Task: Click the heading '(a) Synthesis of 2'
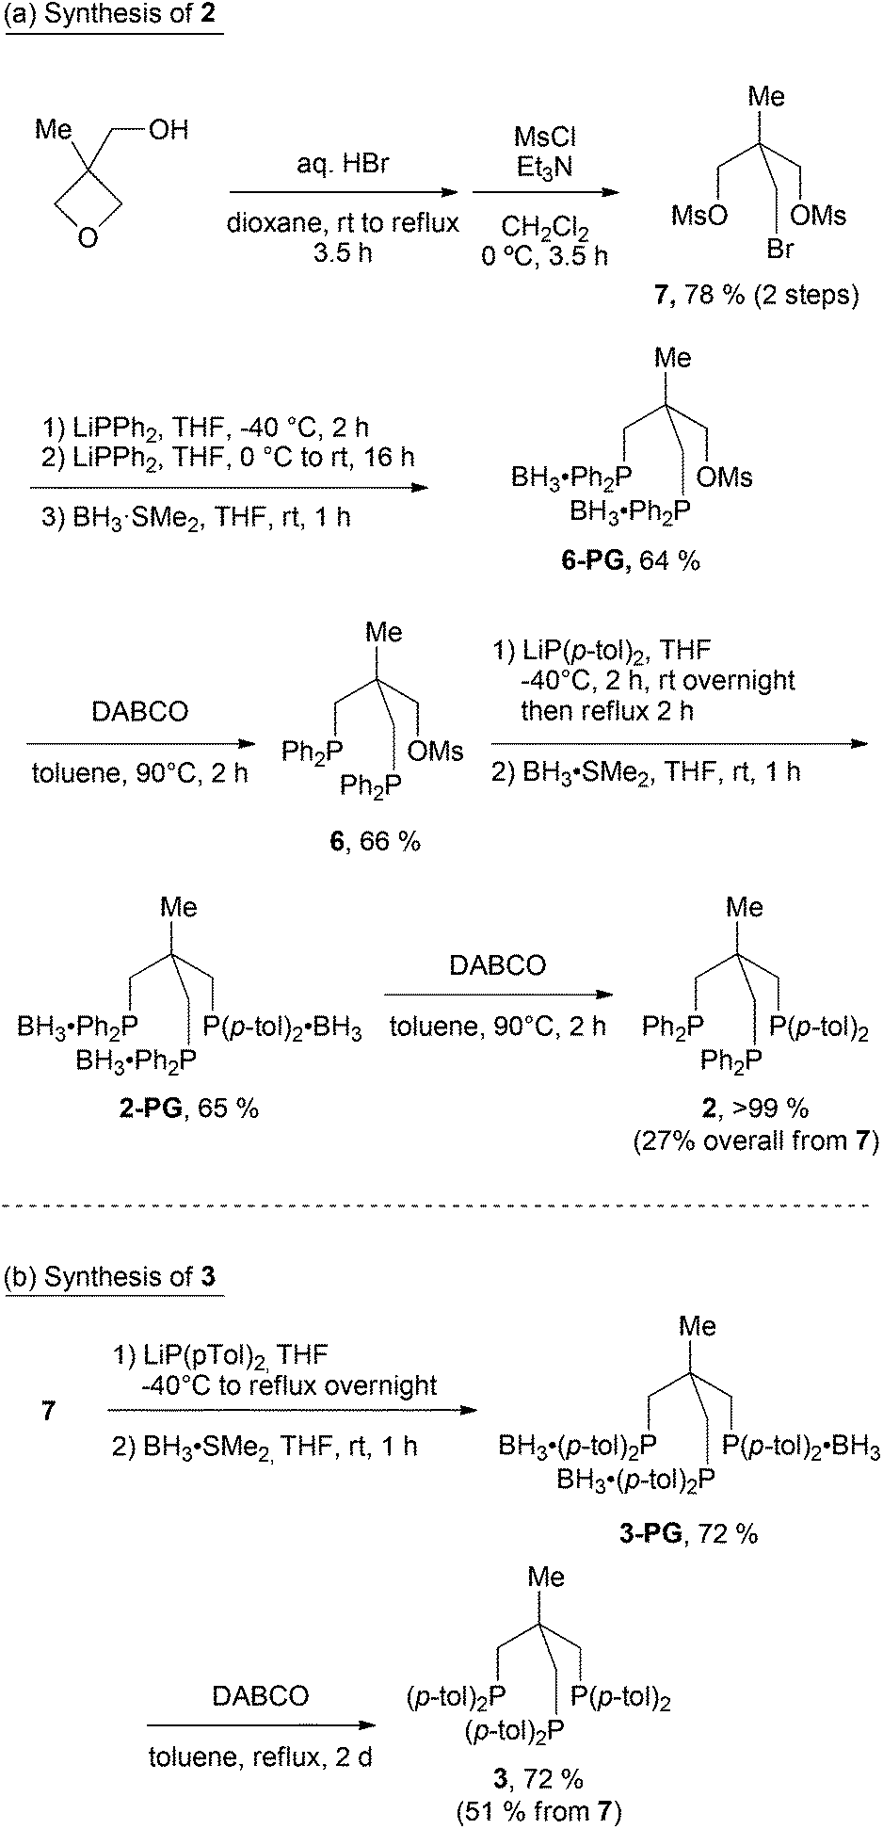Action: [113, 17]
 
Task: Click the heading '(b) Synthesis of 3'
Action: [113, 1277]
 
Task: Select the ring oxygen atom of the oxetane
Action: [88, 239]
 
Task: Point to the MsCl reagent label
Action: [545, 138]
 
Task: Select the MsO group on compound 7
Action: [698, 217]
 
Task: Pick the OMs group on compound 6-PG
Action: [726, 477]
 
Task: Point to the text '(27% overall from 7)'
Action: [756, 1141]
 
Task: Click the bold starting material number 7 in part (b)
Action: [49, 1411]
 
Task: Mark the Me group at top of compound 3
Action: [547, 1577]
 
